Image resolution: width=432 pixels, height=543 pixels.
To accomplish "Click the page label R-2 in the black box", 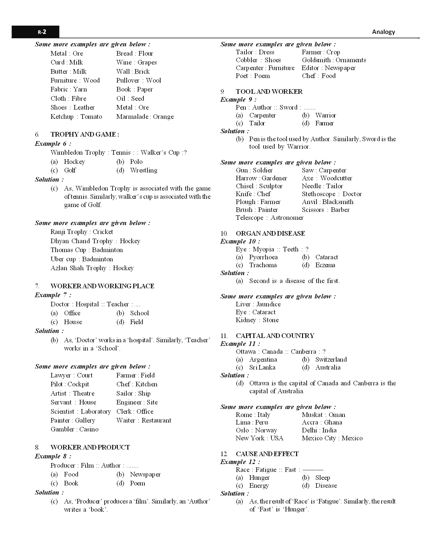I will click(42, 32).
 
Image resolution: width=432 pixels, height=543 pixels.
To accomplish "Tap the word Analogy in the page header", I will click(383, 32).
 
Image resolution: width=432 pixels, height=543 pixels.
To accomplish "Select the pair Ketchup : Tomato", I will click(76, 117).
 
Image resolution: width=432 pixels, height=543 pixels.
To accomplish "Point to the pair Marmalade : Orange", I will click(145, 117).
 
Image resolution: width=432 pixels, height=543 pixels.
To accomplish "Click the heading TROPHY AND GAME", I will click(85, 134).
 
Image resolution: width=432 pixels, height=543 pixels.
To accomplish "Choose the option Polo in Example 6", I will click(136, 162).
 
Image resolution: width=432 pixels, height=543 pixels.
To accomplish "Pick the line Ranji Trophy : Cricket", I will click(82, 232).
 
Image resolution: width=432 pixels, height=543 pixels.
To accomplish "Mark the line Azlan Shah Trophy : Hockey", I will click(92, 268).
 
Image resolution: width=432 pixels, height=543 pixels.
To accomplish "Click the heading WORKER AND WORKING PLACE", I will click(102, 286).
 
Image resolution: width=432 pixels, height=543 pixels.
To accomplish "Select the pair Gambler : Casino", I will click(74, 429).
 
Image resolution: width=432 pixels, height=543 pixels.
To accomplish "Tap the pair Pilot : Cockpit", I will click(70, 384).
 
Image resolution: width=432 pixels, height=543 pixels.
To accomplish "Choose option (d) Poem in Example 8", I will click(137, 483).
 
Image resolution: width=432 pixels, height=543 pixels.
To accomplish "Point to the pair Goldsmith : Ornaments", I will click(334, 60).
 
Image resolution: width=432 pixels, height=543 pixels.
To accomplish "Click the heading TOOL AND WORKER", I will click(269, 92).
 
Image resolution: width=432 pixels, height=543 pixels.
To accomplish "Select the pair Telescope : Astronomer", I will click(269, 218).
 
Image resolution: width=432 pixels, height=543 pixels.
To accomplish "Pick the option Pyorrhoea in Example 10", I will click(263, 257).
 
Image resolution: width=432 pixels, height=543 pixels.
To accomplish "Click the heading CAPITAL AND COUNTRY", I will click(275, 336).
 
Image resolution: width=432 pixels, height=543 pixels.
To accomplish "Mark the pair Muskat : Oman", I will click(323, 415).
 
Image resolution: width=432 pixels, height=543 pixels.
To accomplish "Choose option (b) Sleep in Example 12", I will click(322, 478).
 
